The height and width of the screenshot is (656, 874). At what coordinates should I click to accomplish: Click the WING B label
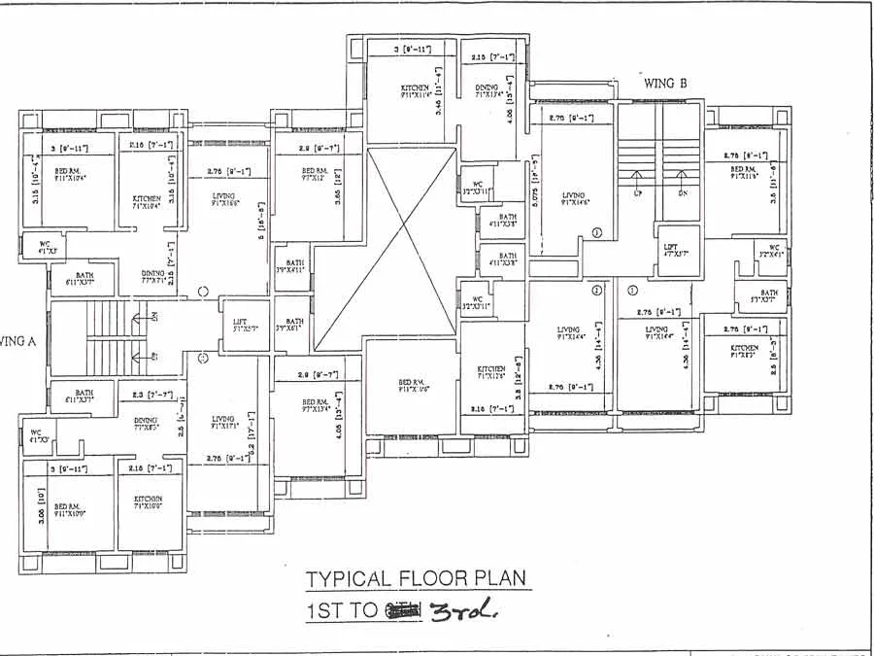click(x=665, y=84)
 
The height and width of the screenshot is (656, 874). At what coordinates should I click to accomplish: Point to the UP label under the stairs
click(x=637, y=193)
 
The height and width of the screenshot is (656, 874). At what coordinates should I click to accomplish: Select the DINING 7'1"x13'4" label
click(x=487, y=92)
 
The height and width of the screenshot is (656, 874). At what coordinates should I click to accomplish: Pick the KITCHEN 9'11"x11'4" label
click(x=415, y=92)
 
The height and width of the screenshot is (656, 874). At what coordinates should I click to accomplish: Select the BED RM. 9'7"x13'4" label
click(x=316, y=405)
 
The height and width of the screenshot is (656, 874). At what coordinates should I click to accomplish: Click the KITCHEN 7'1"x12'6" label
click(x=491, y=372)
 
